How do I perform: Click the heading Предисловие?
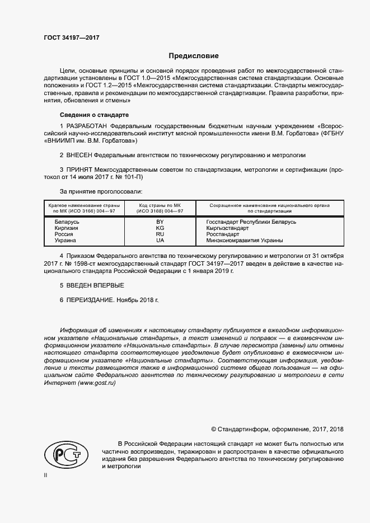point(194,56)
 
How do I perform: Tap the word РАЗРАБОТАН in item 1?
point(87,126)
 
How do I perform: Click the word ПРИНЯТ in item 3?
point(79,169)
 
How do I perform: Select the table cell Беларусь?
point(67,222)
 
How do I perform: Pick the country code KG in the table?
point(160,228)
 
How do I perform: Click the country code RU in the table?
point(160,234)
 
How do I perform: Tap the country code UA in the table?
point(160,241)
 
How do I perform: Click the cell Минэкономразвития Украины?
point(244,241)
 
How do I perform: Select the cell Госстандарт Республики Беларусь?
point(243,222)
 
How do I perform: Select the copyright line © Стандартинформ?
point(277,429)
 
